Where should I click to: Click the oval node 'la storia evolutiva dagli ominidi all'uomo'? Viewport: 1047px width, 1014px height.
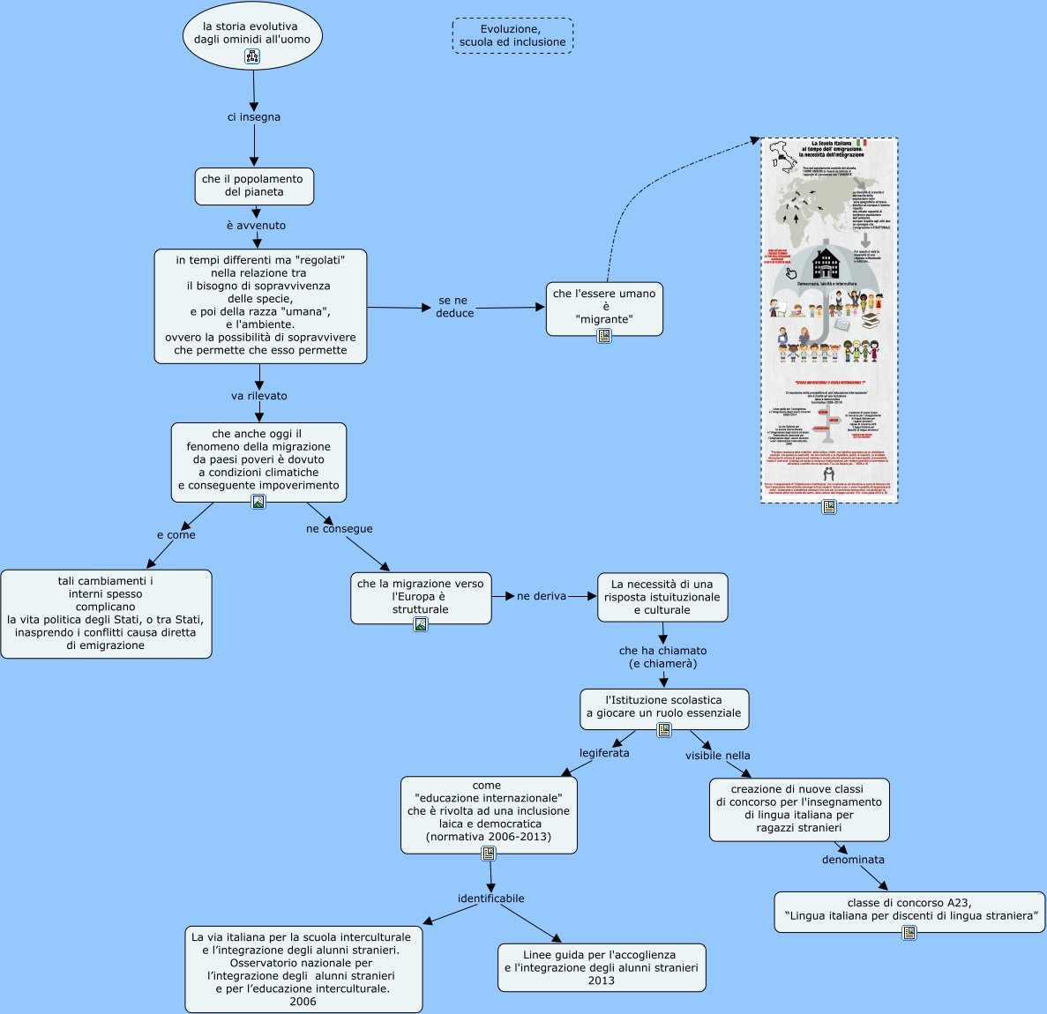252,34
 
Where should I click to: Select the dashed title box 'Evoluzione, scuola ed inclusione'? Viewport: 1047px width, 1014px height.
512,36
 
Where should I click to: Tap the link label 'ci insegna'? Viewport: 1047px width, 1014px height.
254,117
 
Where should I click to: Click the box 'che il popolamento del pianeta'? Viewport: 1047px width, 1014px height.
254,185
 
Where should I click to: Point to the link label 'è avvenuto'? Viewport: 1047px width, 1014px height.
256,226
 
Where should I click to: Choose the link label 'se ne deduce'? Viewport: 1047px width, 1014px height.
454,307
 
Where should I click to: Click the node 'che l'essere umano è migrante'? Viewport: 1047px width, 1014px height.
604,305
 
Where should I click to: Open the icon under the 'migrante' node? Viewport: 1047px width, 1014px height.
604,336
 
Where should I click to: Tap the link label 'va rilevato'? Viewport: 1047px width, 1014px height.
259,396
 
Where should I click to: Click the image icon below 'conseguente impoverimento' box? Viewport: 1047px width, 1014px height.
258,502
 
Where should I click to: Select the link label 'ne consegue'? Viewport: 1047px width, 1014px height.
340,529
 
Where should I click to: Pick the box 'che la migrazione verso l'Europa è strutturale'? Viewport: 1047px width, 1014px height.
421,596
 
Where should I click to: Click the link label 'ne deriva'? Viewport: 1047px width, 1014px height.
542,596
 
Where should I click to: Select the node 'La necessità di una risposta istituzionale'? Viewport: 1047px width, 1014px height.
662,597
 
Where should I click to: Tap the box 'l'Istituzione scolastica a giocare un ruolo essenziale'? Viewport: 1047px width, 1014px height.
664,706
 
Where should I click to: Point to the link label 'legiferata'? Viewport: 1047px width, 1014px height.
604,753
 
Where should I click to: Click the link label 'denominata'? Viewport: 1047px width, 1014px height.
853,860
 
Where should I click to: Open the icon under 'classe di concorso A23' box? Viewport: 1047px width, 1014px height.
909,932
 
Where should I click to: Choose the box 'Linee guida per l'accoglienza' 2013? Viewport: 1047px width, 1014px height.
602,967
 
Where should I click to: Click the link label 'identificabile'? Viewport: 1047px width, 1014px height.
490,898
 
